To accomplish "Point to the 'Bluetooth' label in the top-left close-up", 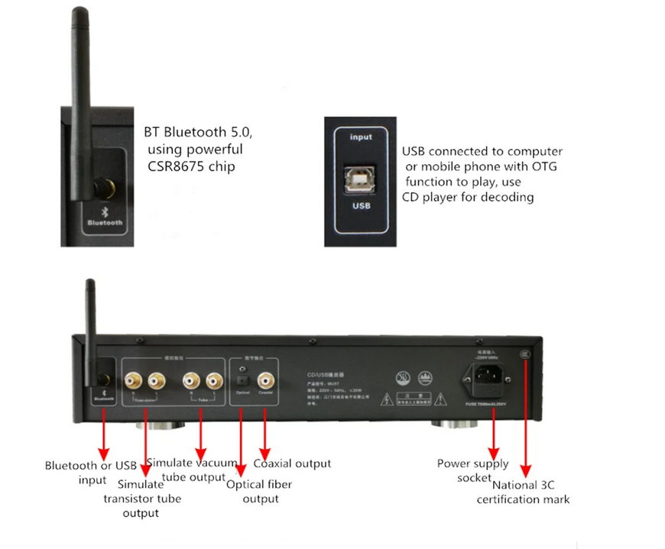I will click(105, 223).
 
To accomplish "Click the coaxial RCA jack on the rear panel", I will click(265, 377).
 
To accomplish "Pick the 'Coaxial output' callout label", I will click(292, 463).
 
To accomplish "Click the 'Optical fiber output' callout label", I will click(259, 491).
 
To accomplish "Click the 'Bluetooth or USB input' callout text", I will click(91, 473).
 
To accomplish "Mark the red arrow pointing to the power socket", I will click(495, 432).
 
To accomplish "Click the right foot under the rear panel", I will click(456, 424).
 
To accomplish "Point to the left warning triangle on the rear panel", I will click(390, 399).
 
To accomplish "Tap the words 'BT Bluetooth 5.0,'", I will click(198, 132).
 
